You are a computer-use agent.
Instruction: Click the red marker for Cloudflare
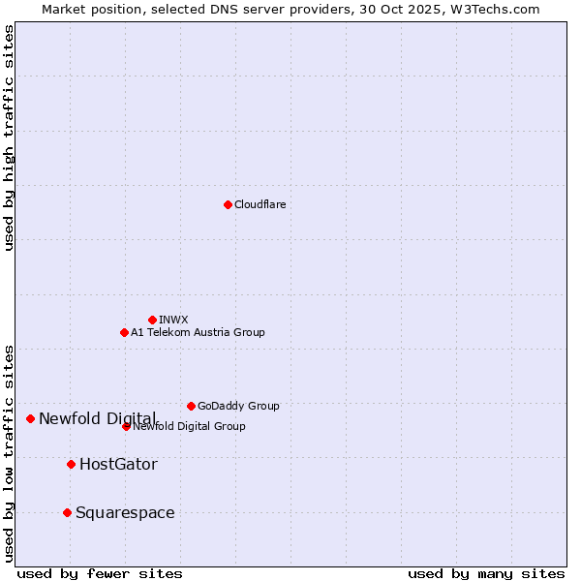point(228,204)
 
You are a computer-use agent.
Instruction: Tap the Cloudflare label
point(260,204)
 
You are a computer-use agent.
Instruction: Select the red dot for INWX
point(152,320)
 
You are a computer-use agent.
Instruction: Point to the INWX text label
point(173,320)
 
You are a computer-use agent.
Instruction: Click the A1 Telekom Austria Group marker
point(124,332)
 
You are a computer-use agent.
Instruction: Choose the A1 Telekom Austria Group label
point(198,332)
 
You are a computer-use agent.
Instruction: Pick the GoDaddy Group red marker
point(191,406)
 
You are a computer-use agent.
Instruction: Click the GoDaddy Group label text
point(238,406)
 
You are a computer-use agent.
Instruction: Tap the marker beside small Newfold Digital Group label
point(126,426)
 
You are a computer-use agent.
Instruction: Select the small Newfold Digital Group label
point(190,426)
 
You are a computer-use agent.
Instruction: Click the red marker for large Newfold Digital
point(30,418)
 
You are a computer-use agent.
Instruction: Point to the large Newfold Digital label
point(97,418)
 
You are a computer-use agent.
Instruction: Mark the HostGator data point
point(71,464)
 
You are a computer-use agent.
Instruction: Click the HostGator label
point(118,464)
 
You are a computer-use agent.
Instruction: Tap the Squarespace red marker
point(67,512)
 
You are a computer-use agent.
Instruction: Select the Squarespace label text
point(125,512)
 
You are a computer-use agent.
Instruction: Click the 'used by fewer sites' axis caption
point(100,573)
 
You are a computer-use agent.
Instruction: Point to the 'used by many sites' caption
point(486,573)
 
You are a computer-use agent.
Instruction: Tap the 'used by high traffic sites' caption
point(9,138)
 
